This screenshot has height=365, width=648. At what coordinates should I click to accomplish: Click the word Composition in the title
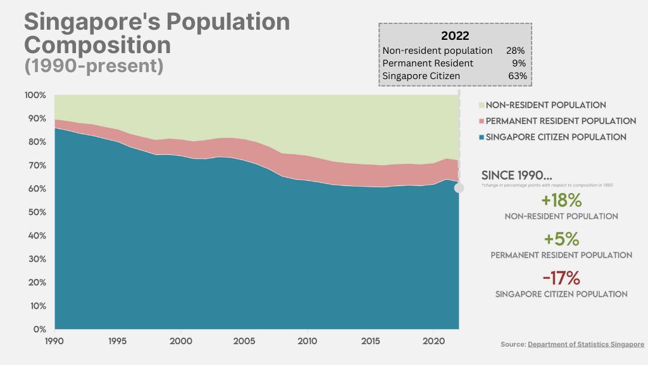click(x=97, y=45)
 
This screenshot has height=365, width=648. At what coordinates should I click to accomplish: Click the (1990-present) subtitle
click(x=93, y=66)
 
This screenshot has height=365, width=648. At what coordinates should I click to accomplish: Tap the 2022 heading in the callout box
click(x=454, y=35)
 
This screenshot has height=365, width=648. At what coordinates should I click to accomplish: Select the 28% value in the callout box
click(x=516, y=50)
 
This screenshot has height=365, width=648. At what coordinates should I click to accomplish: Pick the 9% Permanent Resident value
click(x=519, y=63)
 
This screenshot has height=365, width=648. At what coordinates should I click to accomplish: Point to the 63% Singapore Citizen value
click(x=516, y=76)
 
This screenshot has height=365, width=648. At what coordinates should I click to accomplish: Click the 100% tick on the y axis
click(x=35, y=95)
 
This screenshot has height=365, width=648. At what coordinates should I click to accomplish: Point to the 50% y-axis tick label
click(x=35, y=212)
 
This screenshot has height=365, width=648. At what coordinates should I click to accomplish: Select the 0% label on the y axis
click(x=39, y=329)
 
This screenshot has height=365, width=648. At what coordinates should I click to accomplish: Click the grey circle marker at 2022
click(x=459, y=188)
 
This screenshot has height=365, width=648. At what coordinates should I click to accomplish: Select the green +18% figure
click(x=561, y=201)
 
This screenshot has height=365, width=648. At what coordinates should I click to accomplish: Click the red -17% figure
click(x=561, y=278)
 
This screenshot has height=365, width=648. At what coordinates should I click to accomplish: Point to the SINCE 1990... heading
click(x=516, y=175)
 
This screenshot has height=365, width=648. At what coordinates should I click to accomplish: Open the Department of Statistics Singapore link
click(x=586, y=344)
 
